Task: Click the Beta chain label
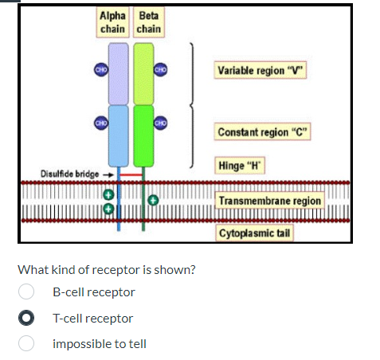click(x=148, y=22)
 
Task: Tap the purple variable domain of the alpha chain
click(x=118, y=73)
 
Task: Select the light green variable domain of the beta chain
click(x=143, y=73)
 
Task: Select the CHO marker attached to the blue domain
click(x=101, y=123)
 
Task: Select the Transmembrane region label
click(x=269, y=201)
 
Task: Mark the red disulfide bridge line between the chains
click(x=131, y=173)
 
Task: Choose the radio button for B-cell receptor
click(x=27, y=292)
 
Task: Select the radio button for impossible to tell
click(x=27, y=344)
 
